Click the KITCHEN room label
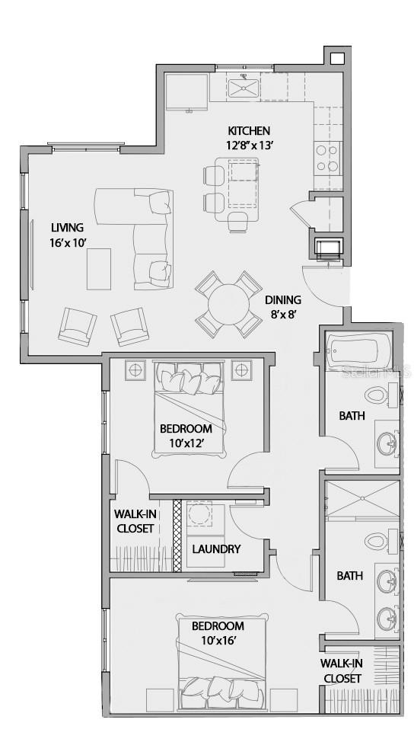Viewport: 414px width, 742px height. (x=249, y=131)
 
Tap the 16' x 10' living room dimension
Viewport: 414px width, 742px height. (x=67, y=243)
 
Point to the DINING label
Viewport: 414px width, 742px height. (x=282, y=299)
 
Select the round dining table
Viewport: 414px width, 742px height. (x=228, y=304)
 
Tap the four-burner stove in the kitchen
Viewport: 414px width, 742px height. (x=328, y=158)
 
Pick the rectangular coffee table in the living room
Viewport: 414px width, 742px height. (x=98, y=270)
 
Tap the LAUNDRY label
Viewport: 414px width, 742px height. (x=216, y=549)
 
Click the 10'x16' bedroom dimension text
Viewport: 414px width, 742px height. (x=217, y=641)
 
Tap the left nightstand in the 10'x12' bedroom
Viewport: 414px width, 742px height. (x=135, y=369)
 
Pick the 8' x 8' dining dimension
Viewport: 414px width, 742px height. (x=282, y=313)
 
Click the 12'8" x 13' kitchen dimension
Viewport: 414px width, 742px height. (x=249, y=145)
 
